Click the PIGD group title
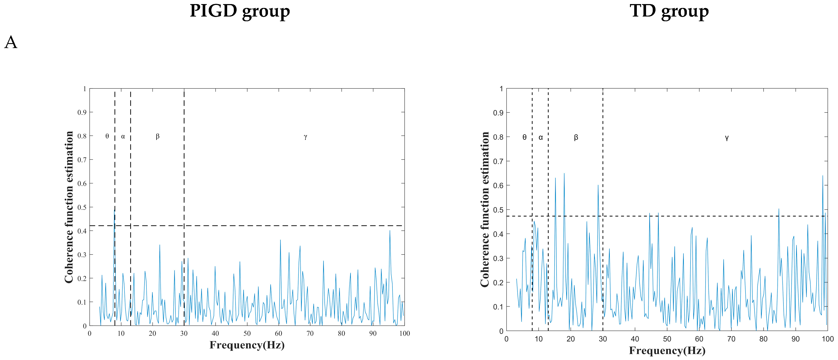coord(240,12)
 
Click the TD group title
coord(669,12)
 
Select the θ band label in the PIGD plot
coord(107,136)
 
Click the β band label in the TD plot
coord(576,137)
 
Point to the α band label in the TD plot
coord(541,138)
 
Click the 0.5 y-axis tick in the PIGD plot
coord(82,207)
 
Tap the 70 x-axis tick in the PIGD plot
coord(310,333)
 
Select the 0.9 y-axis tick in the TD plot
coord(498,113)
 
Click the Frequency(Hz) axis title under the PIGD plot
coord(247,345)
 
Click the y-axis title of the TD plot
coord(485,209)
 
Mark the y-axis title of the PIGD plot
coord(69,207)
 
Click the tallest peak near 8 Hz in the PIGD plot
coord(114,210)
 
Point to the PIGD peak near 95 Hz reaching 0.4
coord(390,231)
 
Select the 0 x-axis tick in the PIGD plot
coord(90,333)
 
